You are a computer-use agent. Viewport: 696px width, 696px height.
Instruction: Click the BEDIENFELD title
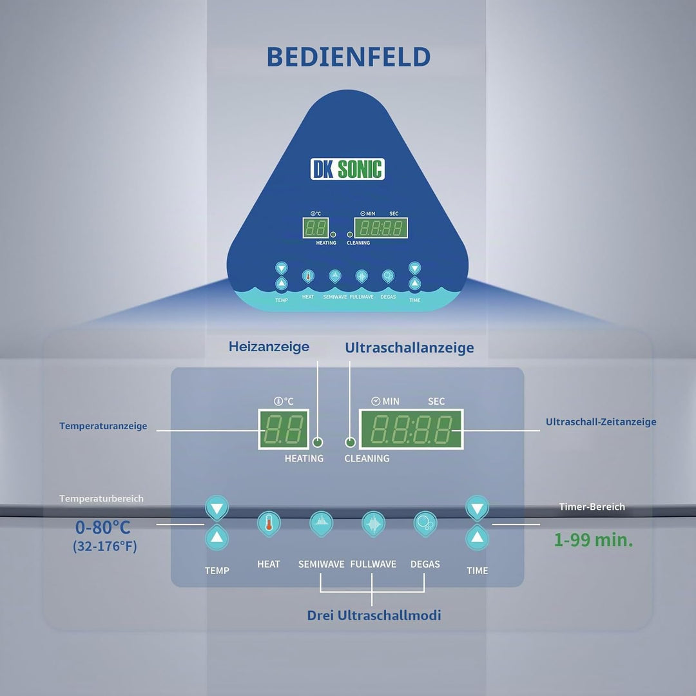349,57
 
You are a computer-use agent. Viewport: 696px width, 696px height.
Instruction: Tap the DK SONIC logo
347,169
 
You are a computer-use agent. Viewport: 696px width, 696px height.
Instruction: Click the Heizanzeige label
269,347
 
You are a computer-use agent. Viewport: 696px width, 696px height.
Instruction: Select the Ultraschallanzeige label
409,347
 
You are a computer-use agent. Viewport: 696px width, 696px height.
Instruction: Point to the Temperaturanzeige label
103,426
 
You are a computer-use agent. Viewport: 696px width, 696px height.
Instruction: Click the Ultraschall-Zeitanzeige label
601,421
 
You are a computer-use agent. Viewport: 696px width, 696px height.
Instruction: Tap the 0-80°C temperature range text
103,527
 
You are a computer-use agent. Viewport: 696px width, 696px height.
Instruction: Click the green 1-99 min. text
593,540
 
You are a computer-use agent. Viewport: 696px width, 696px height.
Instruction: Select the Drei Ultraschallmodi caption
374,615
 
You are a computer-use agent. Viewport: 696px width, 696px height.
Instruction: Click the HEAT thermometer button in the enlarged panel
269,524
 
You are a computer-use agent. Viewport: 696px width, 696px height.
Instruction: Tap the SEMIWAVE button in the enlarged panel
321,524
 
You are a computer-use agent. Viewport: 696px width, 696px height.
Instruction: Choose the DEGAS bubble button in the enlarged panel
425,524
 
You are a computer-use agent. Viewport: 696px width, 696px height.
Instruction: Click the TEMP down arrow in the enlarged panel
217,508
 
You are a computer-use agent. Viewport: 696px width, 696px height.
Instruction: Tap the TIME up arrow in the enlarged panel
477,537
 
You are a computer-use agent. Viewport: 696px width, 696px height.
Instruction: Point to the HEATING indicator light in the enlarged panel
317,442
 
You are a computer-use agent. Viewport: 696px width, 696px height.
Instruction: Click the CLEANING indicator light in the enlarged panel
350,442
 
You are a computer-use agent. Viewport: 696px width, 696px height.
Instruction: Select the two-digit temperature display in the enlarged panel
284,429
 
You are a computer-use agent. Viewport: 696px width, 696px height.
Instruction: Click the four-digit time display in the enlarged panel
411,429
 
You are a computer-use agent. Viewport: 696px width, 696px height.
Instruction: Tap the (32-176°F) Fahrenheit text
105,546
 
